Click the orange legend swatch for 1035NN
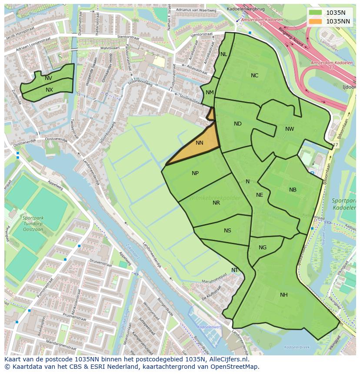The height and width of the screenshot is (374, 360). pyautogui.click(x=316, y=21)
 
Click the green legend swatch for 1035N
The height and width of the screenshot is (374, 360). pyautogui.click(x=316, y=13)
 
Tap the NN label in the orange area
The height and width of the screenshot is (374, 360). pyautogui.click(x=200, y=143)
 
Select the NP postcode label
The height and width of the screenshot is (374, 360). pyautogui.click(x=195, y=173)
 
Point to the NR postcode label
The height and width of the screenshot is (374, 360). pyautogui.click(x=216, y=203)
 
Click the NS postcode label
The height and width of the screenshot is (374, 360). pyautogui.click(x=227, y=231)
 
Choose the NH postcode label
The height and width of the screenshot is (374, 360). pyautogui.click(x=283, y=295)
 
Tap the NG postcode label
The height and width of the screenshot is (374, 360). pyautogui.click(x=263, y=248)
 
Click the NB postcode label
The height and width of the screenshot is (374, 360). pyautogui.click(x=293, y=190)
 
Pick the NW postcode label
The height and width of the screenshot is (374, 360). pyautogui.click(x=290, y=129)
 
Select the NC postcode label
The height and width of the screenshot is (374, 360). pyautogui.click(x=254, y=76)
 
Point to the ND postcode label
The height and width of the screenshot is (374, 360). pyautogui.click(x=237, y=124)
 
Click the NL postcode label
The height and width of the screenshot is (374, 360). pyautogui.click(x=223, y=54)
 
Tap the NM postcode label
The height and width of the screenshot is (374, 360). pyautogui.click(x=210, y=93)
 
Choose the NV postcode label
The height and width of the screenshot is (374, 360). pyautogui.click(x=48, y=78)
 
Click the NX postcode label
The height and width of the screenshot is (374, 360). pyautogui.click(x=49, y=90)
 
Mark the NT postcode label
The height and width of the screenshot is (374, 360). pyautogui.click(x=235, y=270)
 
